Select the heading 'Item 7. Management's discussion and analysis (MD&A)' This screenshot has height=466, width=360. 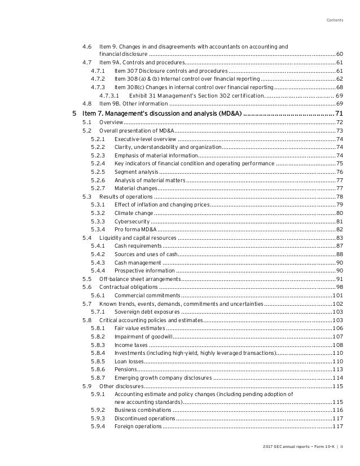(170, 115)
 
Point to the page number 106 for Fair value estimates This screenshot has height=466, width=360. (337, 328)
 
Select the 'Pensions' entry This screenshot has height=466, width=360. (125, 369)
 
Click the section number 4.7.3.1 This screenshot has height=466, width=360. (109, 96)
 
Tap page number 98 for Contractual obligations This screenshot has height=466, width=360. (339, 287)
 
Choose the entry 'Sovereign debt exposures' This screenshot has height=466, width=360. (147, 311)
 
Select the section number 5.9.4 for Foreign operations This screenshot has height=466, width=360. (98, 426)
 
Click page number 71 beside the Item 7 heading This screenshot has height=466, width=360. (339, 115)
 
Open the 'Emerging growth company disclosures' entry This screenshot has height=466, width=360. (163, 377)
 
